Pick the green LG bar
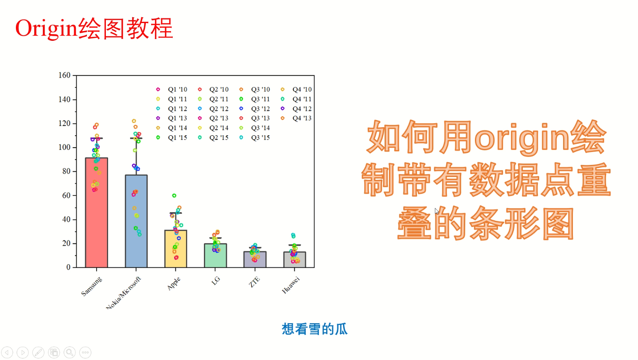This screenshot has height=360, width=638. click(215, 257)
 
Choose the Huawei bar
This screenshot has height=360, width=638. click(295, 261)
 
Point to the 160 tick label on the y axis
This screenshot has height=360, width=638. click(64, 75)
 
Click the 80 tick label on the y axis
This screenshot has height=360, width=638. click(66, 172)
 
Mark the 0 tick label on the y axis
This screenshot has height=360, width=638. click(68, 268)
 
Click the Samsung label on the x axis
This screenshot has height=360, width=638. click(92, 286)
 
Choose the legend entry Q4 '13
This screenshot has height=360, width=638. click(301, 118)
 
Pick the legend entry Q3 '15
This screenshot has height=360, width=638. click(260, 138)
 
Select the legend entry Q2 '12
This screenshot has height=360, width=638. click(218, 109)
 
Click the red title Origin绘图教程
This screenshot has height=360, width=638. click(94, 29)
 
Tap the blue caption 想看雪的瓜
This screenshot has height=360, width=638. click(315, 329)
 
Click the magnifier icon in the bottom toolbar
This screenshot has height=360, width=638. click(69, 352)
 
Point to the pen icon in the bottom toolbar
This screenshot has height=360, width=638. click(38, 352)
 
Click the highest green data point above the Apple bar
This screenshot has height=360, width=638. click(174, 196)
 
